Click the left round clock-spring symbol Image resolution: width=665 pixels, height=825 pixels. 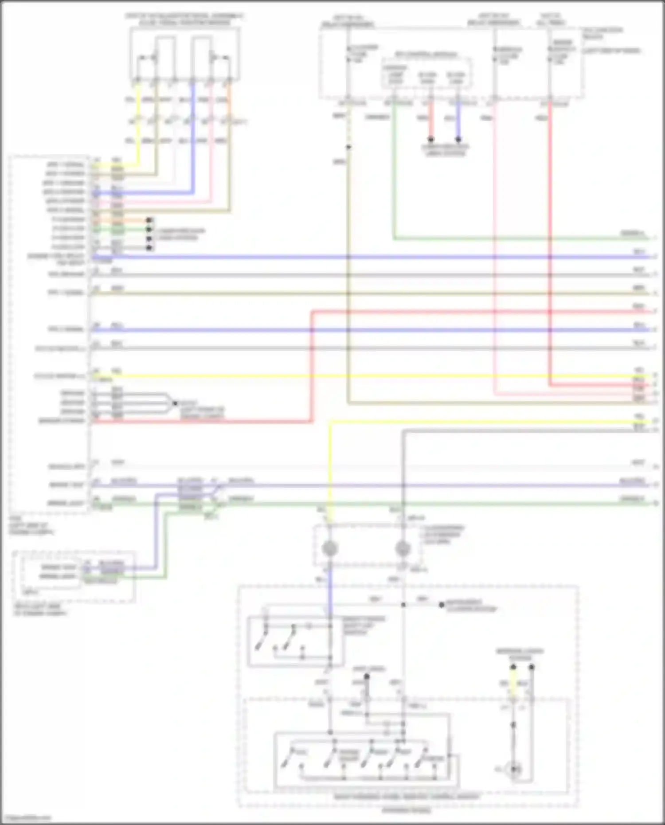coord(329,549)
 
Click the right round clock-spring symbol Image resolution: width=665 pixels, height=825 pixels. coord(403,549)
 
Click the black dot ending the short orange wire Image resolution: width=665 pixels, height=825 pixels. coord(149,220)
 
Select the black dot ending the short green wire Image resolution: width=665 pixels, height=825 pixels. coord(149,230)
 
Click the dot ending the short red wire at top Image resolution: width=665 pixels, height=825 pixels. coord(430,139)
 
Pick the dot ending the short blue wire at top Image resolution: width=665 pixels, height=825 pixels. coord(458,139)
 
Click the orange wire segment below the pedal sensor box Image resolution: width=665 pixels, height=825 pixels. coord(229,106)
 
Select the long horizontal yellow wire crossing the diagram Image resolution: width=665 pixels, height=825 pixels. coord(355,376)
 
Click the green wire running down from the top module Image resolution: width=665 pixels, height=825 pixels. coord(394,177)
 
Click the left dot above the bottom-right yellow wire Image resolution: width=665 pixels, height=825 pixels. coord(513,667)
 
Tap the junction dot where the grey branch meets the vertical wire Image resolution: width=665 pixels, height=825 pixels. coord(403,605)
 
